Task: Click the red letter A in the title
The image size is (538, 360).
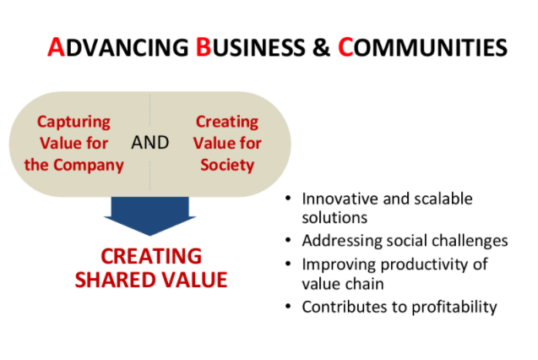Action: (x=57, y=46)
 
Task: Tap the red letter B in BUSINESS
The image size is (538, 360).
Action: (x=203, y=46)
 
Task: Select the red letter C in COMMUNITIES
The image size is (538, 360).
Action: (x=345, y=46)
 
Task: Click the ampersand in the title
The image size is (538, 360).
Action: (x=321, y=47)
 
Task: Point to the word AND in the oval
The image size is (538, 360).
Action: (x=150, y=143)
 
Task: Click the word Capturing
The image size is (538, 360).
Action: (x=73, y=123)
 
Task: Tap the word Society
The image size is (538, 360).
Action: (x=227, y=166)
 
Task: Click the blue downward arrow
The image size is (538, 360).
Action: (x=150, y=216)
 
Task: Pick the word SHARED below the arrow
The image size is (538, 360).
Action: (x=115, y=280)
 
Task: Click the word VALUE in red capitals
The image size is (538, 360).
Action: (x=194, y=280)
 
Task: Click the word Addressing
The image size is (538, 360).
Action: (x=342, y=241)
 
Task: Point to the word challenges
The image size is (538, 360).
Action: (x=470, y=241)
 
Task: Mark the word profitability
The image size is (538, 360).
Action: (x=454, y=307)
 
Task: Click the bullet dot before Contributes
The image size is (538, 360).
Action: (x=288, y=306)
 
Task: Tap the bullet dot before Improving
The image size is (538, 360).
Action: (x=288, y=264)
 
